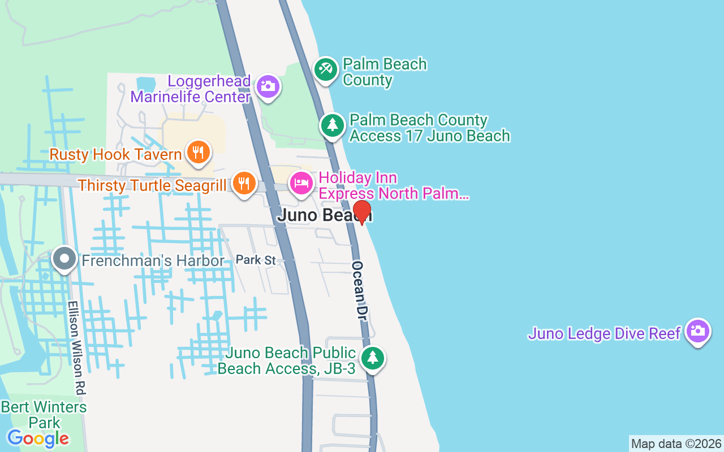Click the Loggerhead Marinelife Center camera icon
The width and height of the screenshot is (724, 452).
click(x=268, y=87)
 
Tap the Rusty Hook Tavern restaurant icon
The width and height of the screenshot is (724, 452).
click(x=198, y=153)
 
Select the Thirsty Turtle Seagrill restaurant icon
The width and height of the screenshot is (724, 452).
click(x=244, y=184)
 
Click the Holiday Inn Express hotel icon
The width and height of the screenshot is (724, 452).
click(x=301, y=183)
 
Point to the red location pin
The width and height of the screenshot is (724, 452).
click(x=362, y=212)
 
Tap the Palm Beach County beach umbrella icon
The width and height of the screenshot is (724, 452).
click(x=326, y=69)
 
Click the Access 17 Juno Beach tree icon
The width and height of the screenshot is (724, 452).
click(x=333, y=125)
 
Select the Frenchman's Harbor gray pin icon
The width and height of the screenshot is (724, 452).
click(x=64, y=259)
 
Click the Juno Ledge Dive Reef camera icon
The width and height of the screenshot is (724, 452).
click(x=697, y=331)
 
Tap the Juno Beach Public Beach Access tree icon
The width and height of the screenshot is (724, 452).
click(x=372, y=358)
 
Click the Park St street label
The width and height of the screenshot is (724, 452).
click(x=256, y=260)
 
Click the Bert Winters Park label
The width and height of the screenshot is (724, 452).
click(x=44, y=415)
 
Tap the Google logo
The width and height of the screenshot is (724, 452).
click(x=38, y=438)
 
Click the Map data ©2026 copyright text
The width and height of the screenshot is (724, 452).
click(x=676, y=444)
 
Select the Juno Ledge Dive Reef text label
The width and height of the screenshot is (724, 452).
click(x=604, y=333)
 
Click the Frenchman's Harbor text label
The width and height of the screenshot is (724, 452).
click(x=153, y=260)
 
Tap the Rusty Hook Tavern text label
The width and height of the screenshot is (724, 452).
click(x=115, y=154)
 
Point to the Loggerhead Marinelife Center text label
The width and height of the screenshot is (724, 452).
click(x=191, y=89)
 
